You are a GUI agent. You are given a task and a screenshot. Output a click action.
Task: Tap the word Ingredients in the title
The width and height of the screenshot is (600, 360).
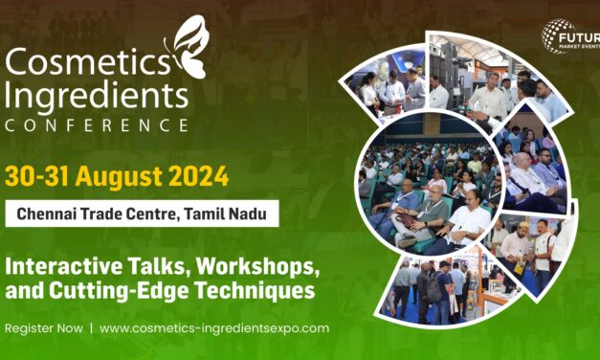(x=96, y=96)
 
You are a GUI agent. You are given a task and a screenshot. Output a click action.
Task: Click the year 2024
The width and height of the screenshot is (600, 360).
(x=198, y=176)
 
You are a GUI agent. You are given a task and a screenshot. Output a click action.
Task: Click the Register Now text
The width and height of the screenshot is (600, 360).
(x=42, y=327)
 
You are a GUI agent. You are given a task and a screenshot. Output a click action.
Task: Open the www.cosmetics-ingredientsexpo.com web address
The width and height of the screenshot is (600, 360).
(x=214, y=327)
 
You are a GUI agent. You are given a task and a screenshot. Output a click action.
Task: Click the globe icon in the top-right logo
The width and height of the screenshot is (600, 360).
(x=556, y=36)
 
